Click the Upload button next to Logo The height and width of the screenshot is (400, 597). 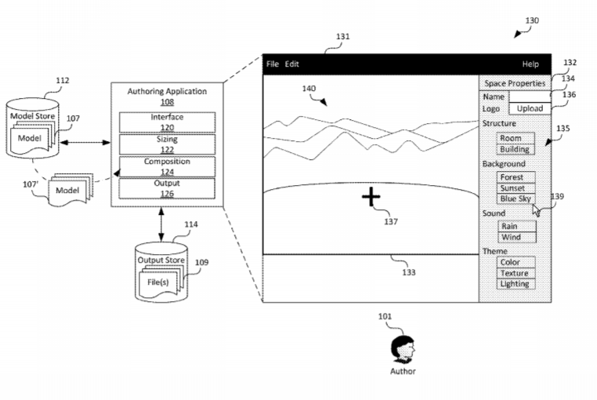point(530,108)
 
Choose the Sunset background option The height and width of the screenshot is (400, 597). point(516,188)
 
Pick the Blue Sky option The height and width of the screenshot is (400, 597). point(516,199)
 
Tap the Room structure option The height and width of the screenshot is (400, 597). point(511,139)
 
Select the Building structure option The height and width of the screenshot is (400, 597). point(515,150)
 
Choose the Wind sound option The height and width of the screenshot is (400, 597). point(512,238)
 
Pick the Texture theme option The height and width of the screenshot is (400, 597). point(515,273)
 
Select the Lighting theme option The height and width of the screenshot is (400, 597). point(515,284)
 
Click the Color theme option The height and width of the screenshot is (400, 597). point(511,262)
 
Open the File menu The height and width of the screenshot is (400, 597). point(273,64)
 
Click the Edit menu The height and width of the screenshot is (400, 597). point(291,64)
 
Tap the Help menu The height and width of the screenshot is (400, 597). point(530,64)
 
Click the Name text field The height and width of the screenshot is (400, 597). point(530,96)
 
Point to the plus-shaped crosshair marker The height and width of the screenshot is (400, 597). point(371,196)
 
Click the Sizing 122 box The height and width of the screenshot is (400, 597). point(166,144)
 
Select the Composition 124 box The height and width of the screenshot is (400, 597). point(166,166)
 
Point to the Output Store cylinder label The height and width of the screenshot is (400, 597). point(161,260)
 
